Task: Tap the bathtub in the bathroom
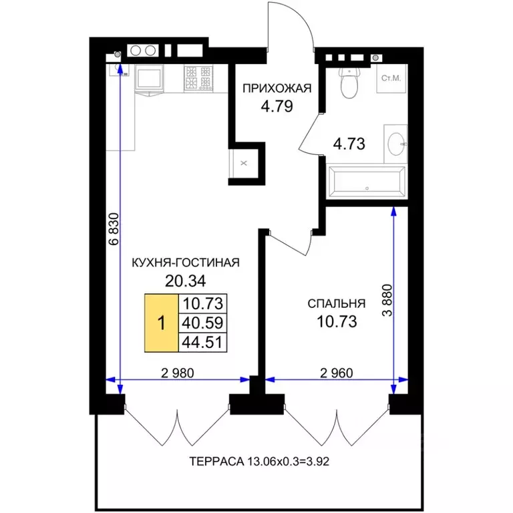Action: click(x=367, y=182)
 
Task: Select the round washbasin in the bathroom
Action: click(x=396, y=144)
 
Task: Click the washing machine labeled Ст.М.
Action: click(x=391, y=79)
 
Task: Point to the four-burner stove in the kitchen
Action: click(x=198, y=79)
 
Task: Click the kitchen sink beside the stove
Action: click(x=150, y=79)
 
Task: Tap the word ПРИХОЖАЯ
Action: click(x=277, y=88)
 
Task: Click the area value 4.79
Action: click(x=277, y=106)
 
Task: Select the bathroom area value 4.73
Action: click(x=349, y=144)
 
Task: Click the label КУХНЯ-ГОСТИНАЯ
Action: click(x=186, y=263)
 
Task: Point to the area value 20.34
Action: click(x=186, y=281)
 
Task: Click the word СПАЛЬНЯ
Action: click(x=337, y=304)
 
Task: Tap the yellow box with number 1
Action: click(x=162, y=323)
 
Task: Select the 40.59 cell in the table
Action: click(x=202, y=323)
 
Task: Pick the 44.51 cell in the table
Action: click(x=202, y=343)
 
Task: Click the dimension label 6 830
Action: click(x=114, y=229)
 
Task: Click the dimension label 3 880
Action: click(x=387, y=301)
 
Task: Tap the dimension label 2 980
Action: click(x=178, y=373)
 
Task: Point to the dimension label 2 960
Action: click(x=337, y=373)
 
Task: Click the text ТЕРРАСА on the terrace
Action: click(x=216, y=462)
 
